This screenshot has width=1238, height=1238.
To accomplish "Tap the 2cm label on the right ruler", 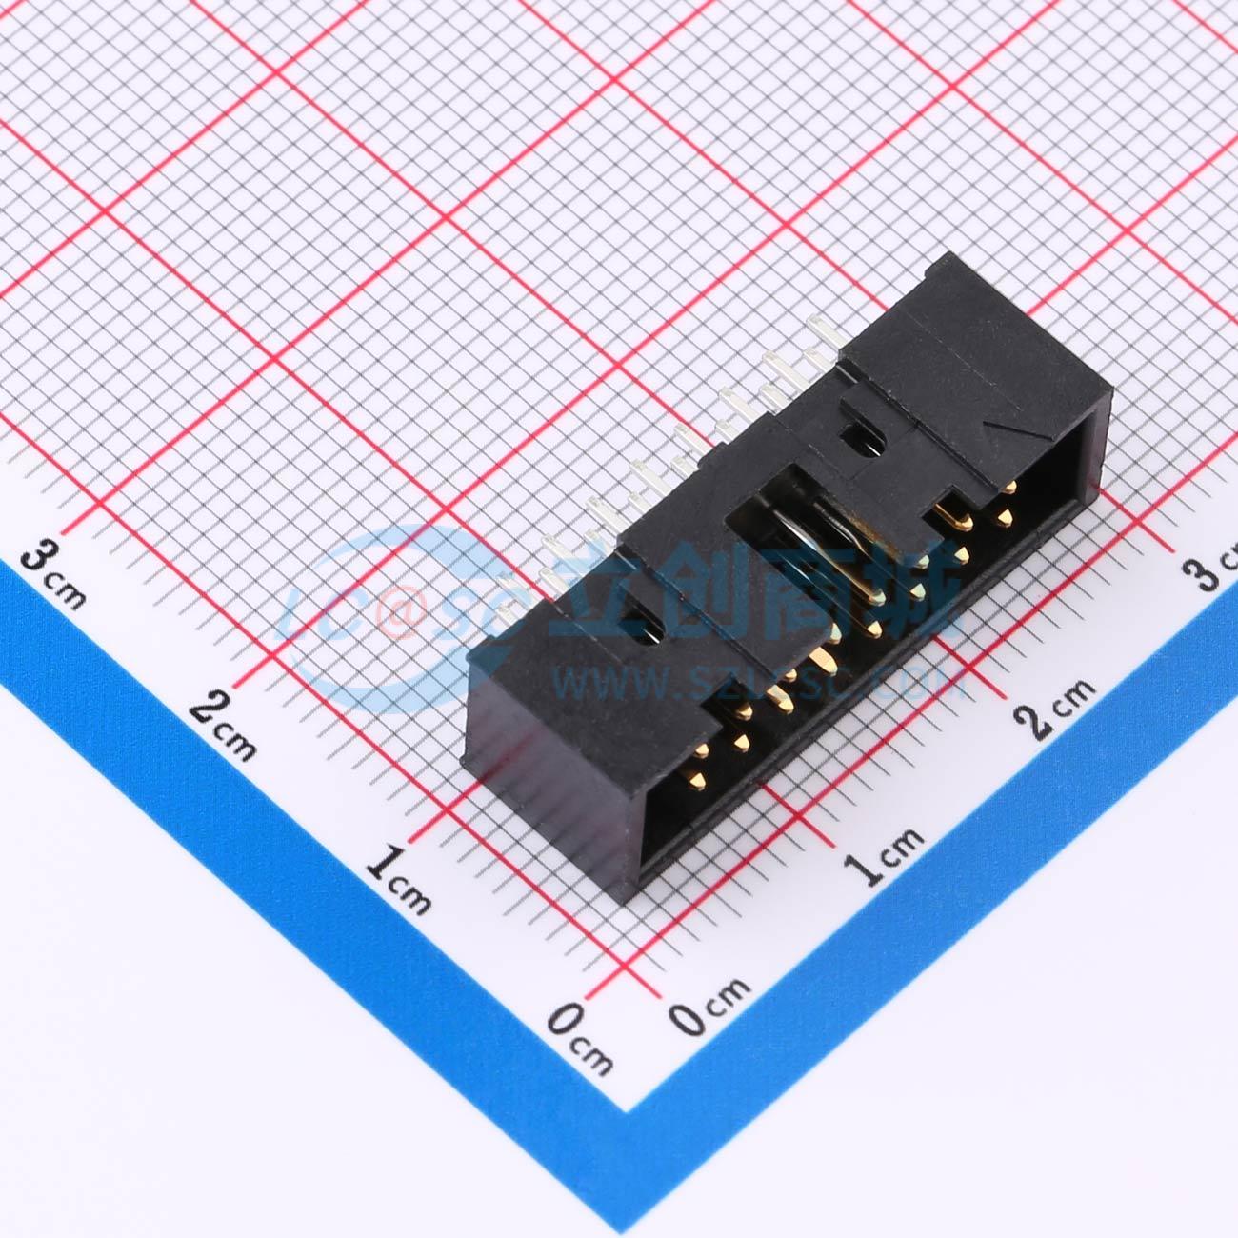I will pos(1057,706).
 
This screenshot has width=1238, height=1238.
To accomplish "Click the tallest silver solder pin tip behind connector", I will pos(817,326).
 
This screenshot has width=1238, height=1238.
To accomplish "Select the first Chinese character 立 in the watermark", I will pos(609,590).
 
